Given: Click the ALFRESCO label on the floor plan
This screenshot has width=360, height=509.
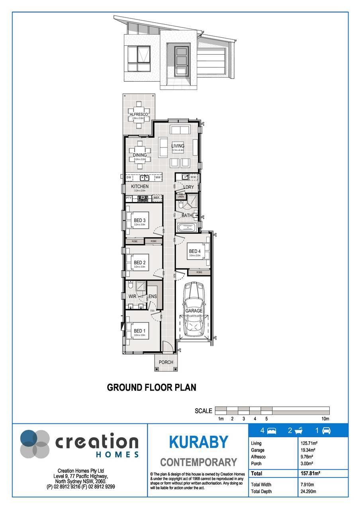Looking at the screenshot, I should (x=138, y=114).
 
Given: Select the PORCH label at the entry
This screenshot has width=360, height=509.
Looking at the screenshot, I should (x=166, y=362).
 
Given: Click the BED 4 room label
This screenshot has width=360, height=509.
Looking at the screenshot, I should (x=195, y=251).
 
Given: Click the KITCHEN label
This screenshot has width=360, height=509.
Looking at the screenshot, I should (x=140, y=186).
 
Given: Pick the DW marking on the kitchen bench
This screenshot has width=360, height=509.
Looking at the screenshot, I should (x=129, y=177).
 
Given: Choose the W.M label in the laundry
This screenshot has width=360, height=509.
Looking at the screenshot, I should (x=193, y=177).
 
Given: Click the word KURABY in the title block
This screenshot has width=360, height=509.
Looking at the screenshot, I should (x=198, y=442).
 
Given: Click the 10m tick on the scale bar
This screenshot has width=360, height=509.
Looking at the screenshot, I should (x=325, y=419).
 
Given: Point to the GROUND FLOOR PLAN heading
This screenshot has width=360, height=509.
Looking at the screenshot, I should (x=152, y=387).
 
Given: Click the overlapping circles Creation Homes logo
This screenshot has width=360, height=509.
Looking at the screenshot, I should (x=35, y=444).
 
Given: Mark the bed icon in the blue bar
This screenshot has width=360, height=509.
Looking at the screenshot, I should (x=272, y=431).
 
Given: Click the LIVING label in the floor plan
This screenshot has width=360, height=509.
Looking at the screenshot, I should (x=178, y=146).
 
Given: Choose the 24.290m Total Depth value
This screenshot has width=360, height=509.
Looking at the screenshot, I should (x=308, y=491).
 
